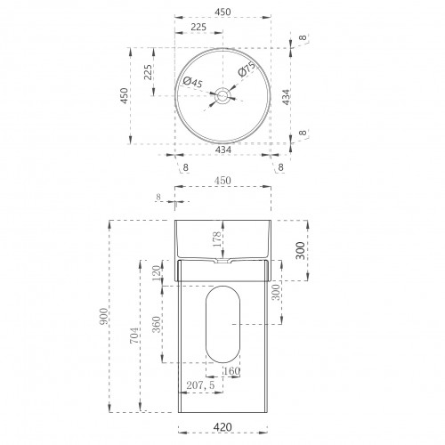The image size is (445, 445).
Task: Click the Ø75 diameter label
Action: tap(247, 69)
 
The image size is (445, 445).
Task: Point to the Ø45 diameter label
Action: tap(193, 82)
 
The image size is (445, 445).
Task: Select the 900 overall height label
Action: tap(103, 316)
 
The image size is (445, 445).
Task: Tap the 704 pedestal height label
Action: tap(134, 336)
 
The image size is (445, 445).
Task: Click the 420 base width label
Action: tap(222, 427)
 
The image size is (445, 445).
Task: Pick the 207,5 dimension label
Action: tap(200, 385)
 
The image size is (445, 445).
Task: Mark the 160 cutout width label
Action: tap(231, 371)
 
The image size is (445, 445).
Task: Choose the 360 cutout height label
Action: tap(157, 325)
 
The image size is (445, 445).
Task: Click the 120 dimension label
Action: tap(157, 273)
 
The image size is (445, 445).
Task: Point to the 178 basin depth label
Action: tap(217, 239)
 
